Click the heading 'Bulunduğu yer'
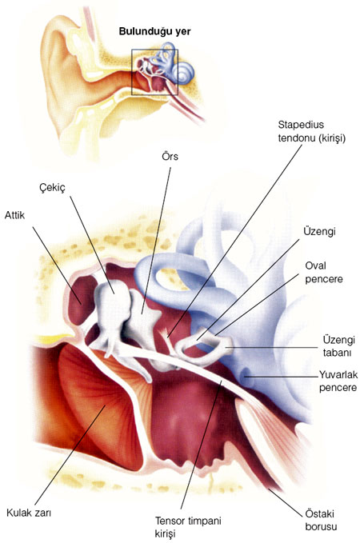(x=154, y=31)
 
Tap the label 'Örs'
(x=170, y=156)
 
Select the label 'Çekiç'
(x=52, y=188)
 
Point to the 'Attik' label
(x=14, y=215)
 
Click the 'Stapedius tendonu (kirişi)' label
(x=312, y=131)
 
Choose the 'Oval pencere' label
(x=324, y=272)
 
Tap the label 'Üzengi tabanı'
(x=338, y=346)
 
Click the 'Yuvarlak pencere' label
(x=338, y=381)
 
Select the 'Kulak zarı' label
(x=29, y=513)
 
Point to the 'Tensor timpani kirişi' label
(x=188, y=527)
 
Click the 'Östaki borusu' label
(x=321, y=520)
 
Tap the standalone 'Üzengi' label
(x=319, y=231)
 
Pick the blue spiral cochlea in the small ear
(x=183, y=73)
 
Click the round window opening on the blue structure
(x=246, y=376)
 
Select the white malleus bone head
(x=111, y=297)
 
